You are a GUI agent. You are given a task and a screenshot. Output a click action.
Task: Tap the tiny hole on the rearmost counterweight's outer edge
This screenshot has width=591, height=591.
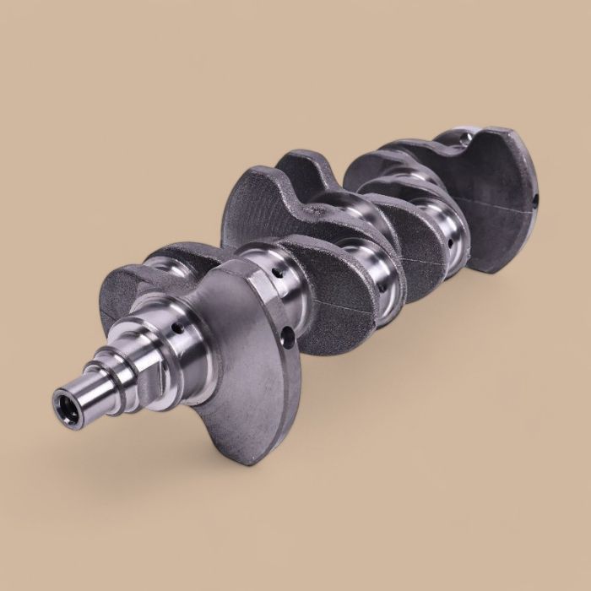pyautogui.click(x=535, y=203)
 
